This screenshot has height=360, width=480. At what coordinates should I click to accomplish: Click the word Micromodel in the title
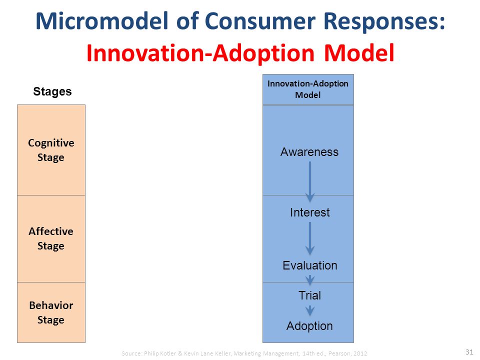click(102, 21)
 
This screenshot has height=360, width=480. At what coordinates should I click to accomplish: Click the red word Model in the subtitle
click(359, 53)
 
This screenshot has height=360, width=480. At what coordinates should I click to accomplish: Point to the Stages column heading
click(52, 91)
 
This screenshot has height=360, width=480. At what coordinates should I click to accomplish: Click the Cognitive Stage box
click(51, 150)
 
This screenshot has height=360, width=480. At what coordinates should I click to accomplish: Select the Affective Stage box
click(51, 239)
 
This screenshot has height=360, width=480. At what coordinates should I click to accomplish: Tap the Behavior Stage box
click(51, 312)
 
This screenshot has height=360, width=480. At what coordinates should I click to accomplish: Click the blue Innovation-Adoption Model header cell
click(308, 89)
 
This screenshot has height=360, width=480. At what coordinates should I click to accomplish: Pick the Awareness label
click(309, 152)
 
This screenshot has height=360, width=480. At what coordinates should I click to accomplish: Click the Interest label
click(310, 212)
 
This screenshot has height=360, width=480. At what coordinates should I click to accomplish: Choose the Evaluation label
click(310, 265)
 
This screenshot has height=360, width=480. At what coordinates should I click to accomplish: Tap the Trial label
click(310, 295)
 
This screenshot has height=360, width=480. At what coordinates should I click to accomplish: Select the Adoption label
click(309, 326)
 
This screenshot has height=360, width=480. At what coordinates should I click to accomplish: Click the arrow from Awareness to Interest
click(310, 182)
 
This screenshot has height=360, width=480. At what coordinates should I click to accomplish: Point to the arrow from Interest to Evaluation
click(310, 238)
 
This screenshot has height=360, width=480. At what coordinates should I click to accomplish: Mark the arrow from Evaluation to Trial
click(310, 280)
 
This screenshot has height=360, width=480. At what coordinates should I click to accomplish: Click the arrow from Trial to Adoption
click(310, 310)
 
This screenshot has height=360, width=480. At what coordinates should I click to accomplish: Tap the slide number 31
click(469, 351)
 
